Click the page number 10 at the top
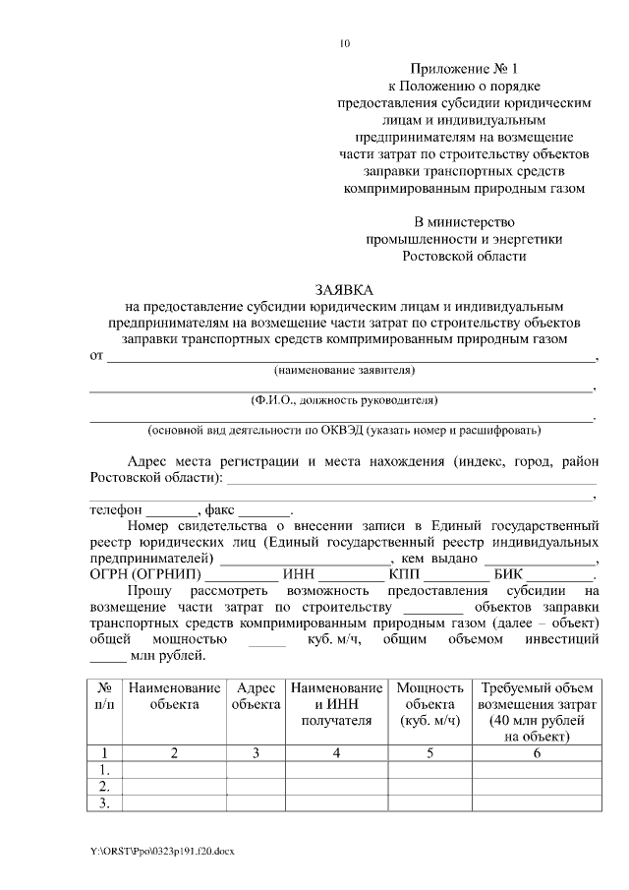coord(343,43)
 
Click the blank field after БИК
coord(561,576)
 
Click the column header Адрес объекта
coord(255,696)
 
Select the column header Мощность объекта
coord(429,704)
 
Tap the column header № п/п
coord(104,696)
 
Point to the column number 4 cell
coord(336,753)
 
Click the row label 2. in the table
coord(104,787)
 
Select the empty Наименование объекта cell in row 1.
coord(173,770)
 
